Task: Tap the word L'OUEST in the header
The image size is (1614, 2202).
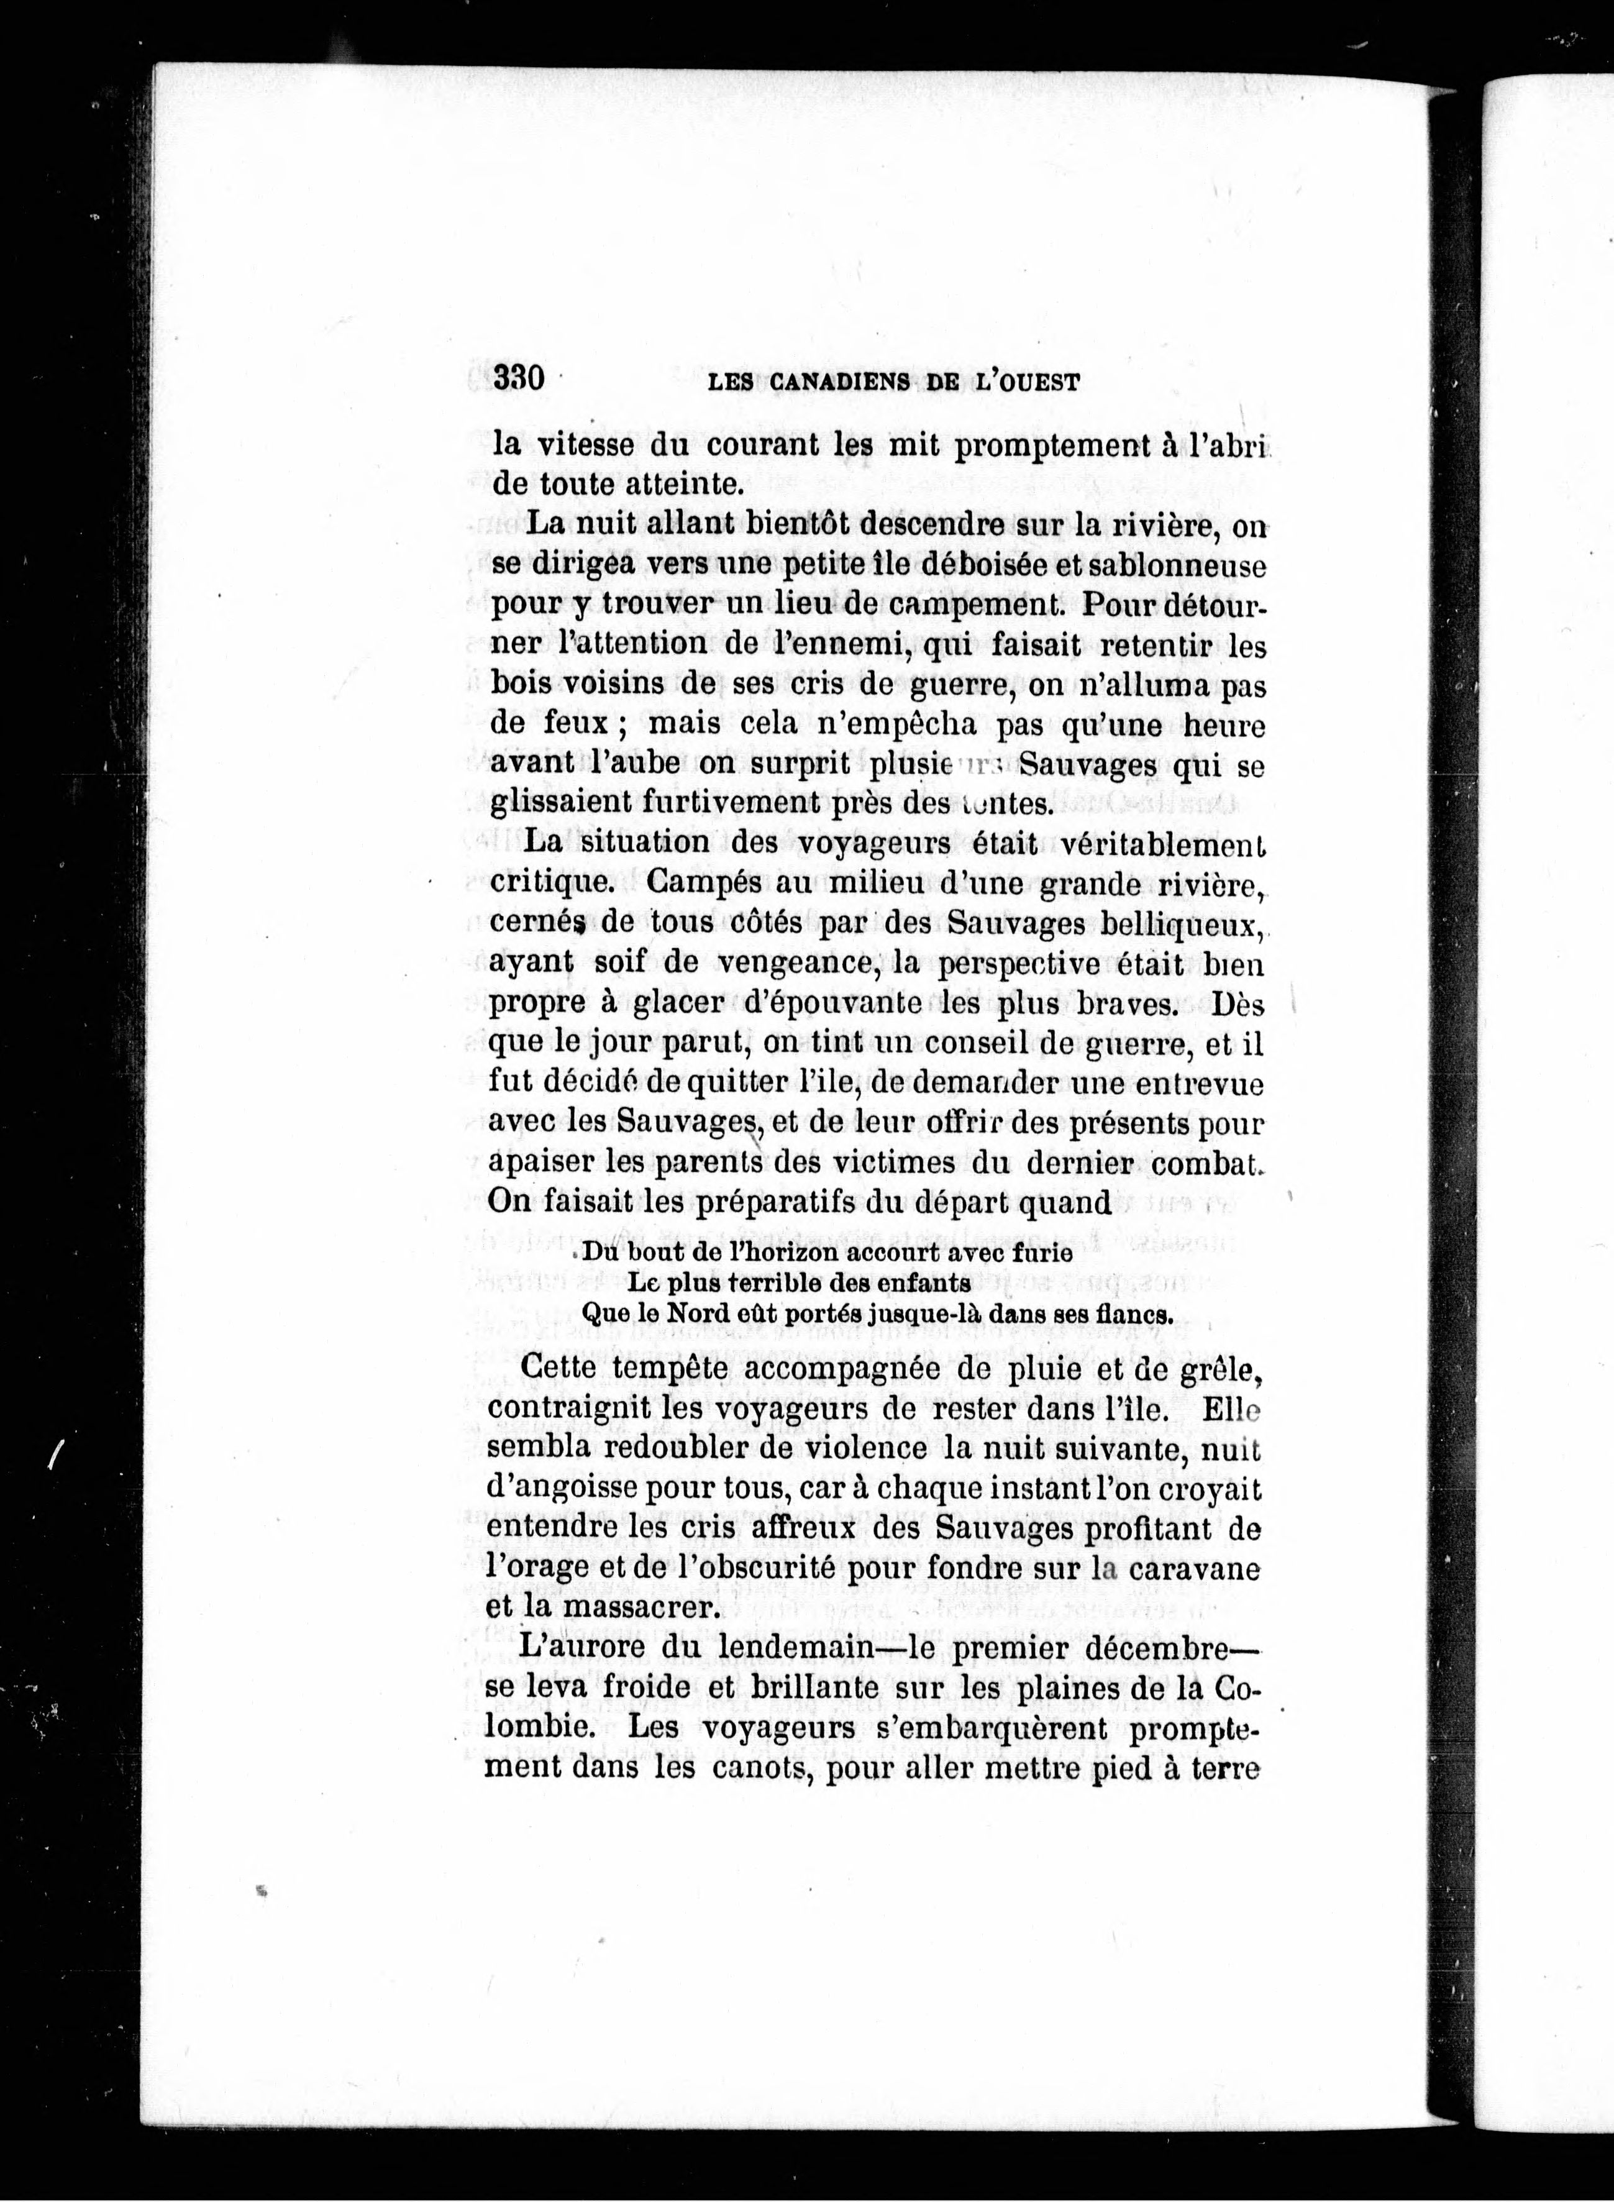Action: pos(1027,382)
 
